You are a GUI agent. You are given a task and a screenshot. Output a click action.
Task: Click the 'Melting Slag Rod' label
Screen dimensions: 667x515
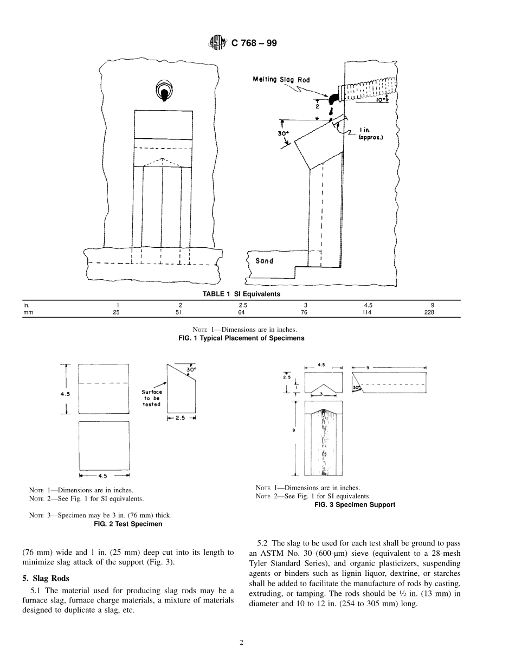pyautogui.click(x=281, y=80)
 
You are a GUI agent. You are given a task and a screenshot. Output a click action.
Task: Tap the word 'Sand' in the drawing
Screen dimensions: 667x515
pyautogui.click(x=265, y=261)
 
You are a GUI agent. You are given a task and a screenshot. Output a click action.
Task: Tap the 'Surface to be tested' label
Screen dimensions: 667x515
pyautogui.click(x=152, y=398)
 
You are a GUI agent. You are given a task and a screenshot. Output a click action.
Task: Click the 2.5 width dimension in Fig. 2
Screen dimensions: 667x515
pyautogui.click(x=181, y=418)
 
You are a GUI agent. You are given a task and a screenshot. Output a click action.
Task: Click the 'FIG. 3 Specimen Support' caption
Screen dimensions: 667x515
pyautogui.click(x=355, y=504)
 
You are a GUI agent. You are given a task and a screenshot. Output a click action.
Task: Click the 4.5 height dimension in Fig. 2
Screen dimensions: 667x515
pyautogui.click(x=65, y=394)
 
